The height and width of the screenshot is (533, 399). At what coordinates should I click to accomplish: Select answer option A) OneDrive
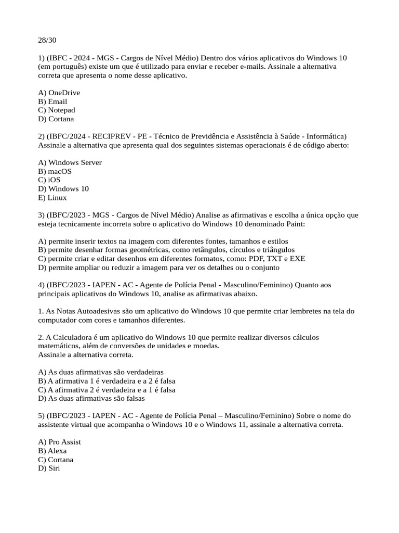59,93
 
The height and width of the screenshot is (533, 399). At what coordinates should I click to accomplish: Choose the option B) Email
53,101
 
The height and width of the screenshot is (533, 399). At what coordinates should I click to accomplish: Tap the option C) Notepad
57,110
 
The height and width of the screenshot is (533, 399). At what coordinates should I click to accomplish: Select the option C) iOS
49,180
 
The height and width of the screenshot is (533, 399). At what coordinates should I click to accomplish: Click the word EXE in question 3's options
298,259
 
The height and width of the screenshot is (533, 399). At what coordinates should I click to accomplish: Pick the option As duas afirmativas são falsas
91,399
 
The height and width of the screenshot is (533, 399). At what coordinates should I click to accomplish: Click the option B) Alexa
53,451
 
